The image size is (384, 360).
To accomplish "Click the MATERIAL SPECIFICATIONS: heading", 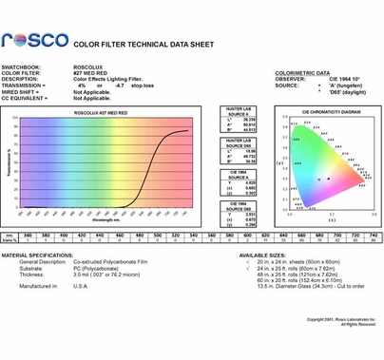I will point(37,256).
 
